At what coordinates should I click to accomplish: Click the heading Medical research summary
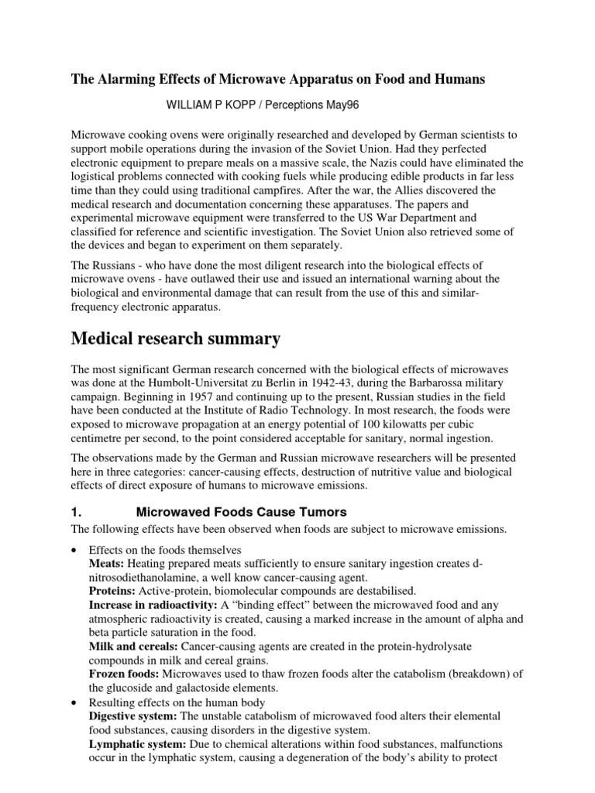click(177, 338)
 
